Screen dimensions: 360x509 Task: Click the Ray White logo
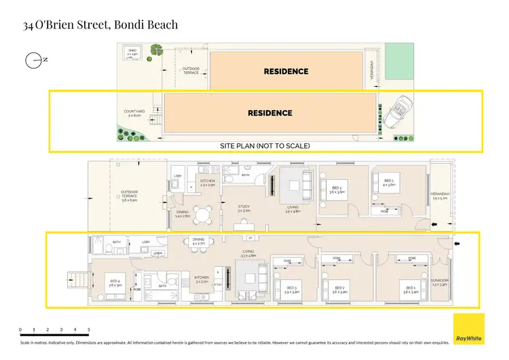tap(469, 329)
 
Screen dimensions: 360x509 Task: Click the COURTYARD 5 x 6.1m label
tap(134, 113)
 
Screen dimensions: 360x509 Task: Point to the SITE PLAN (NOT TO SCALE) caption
tap(265, 146)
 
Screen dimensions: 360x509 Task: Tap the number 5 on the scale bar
tap(89, 329)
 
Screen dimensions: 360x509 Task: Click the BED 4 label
tap(114, 283)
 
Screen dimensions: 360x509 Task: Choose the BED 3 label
tap(291, 289)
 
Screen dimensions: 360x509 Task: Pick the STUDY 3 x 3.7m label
tap(244, 209)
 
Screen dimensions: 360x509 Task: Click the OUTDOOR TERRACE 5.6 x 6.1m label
tap(129, 198)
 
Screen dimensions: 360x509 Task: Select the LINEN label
tap(157, 253)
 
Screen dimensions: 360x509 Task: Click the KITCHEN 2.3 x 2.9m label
tap(207, 183)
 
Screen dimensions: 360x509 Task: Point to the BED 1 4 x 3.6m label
tap(388, 183)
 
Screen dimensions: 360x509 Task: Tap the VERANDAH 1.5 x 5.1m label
tap(440, 196)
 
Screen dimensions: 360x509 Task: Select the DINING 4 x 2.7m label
tap(198, 241)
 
